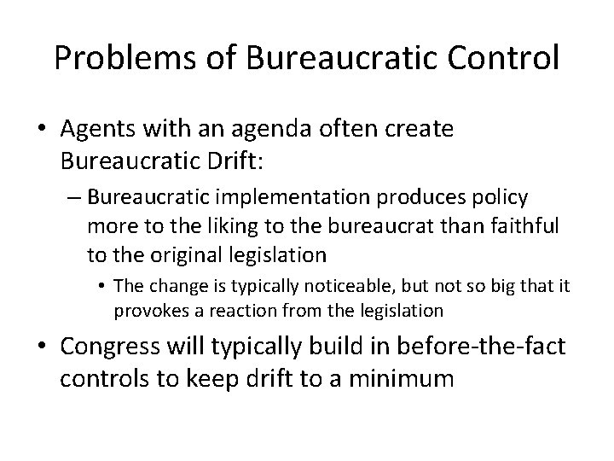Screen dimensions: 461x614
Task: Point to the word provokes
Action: click(x=145, y=311)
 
